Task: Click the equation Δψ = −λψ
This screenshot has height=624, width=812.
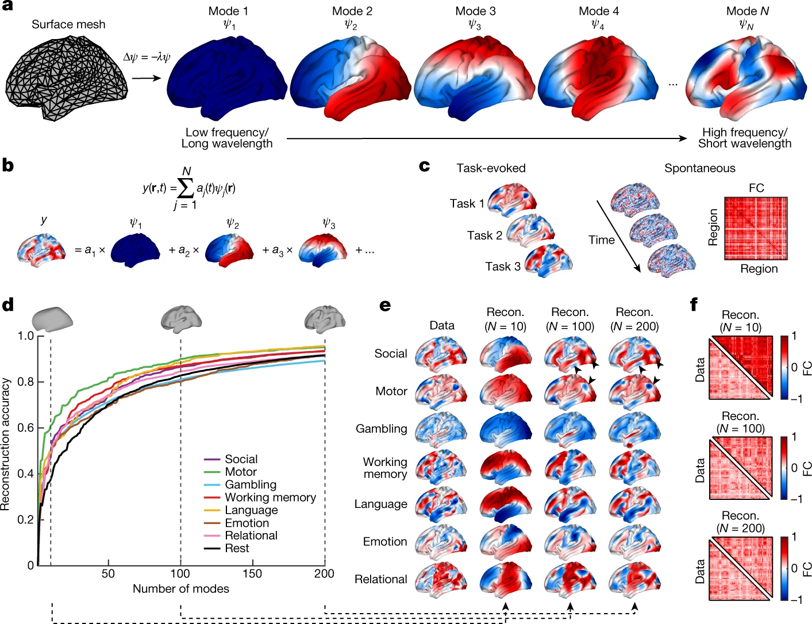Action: tap(147, 57)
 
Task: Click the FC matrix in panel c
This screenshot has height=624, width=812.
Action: tap(756, 228)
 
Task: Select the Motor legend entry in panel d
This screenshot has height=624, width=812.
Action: tap(241, 472)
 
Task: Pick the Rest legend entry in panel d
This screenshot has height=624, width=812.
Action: tap(237, 548)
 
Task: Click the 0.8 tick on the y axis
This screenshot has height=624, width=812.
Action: tap(26, 382)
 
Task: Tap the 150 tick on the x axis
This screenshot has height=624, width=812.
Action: tap(252, 573)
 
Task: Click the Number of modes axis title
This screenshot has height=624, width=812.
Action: tap(181, 589)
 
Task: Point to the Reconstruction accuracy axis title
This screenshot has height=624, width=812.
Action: tap(6, 444)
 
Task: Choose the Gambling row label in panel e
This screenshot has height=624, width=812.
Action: tap(381, 429)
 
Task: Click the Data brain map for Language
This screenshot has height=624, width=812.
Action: tap(441, 503)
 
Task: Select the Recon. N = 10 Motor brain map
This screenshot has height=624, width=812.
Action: tap(505, 391)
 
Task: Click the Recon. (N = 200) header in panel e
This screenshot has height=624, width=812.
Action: tap(634, 319)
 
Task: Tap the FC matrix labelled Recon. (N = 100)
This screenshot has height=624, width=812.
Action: tap(741, 468)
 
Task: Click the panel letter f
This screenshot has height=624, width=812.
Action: tap(694, 305)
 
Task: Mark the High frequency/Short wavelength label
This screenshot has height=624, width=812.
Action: tap(745, 138)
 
